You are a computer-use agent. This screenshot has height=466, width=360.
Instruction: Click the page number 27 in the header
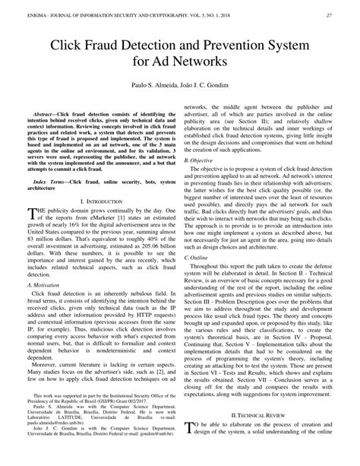click(328, 14)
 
